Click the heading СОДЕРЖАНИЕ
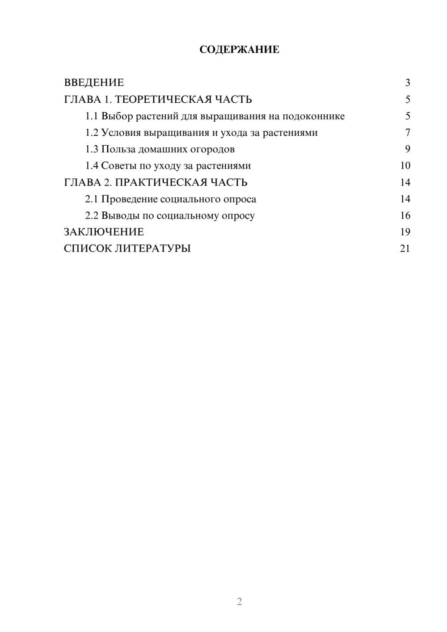239,50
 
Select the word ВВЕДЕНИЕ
94,83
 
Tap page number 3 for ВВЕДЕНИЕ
407,83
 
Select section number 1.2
92,133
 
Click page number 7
407,133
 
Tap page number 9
407,149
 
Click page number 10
405,166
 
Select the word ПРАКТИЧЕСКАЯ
160,182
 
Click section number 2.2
92,215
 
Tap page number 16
405,215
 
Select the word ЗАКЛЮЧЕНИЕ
104,232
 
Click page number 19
405,232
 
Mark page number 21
405,249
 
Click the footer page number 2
239,602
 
